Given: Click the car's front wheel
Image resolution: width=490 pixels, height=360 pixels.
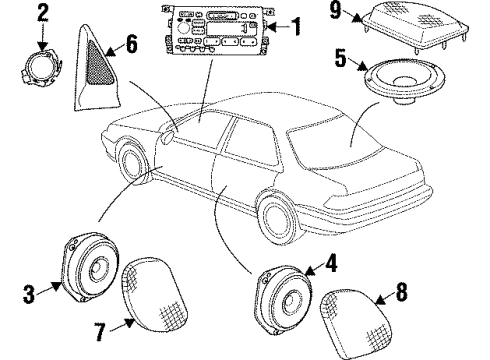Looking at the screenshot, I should tap(131, 169).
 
